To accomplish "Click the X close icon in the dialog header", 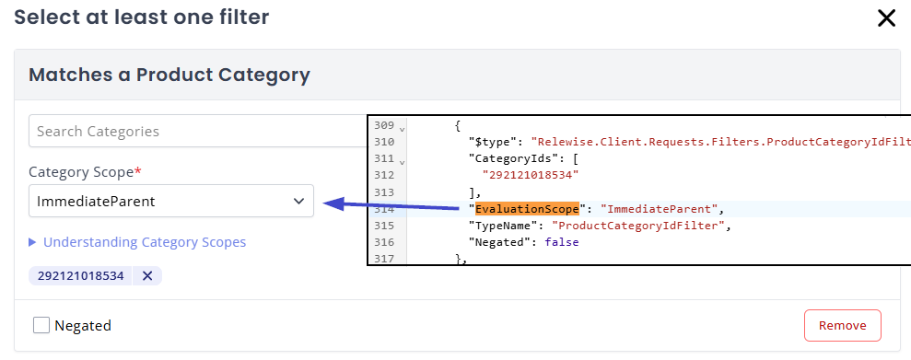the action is point(886,18).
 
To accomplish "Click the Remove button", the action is point(842,325).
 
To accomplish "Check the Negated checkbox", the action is point(41,325).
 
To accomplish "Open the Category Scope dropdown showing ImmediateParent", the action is point(170,201).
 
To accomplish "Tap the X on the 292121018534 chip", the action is point(146,275).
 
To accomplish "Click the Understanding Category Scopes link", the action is point(145,242).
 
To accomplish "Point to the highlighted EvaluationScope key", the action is point(526,209).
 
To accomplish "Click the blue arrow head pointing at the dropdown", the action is point(333,203).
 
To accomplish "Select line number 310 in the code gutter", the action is point(383,142).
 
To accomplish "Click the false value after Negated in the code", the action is point(562,242).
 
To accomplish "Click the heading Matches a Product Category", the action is point(169,75).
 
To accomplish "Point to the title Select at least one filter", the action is point(141,17).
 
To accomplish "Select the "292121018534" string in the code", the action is point(529,175).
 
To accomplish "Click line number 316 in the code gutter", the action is point(383,242).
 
